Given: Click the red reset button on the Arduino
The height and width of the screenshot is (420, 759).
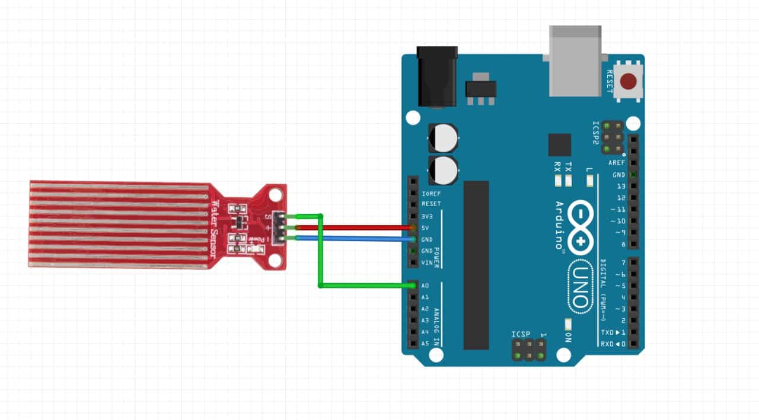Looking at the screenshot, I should click(629, 80).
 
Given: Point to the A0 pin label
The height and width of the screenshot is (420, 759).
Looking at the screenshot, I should click(425, 286).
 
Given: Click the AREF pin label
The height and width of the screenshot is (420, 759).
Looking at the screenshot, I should click(617, 163).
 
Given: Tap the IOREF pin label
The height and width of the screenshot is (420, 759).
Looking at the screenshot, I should click(430, 194).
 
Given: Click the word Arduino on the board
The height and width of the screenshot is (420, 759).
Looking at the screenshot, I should click(559, 227).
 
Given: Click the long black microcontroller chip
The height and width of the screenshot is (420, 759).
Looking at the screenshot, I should click(476, 265).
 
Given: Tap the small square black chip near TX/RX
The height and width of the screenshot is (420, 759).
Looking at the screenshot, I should click(559, 145).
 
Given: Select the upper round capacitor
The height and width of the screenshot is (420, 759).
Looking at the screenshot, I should click(443, 138).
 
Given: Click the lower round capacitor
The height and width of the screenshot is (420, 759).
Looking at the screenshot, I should click(443, 169).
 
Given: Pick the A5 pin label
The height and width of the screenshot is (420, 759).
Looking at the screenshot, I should click(425, 344).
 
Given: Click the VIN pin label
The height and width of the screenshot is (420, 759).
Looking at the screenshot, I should click(426, 262).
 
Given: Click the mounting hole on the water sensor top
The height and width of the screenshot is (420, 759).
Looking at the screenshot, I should click(275, 194).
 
